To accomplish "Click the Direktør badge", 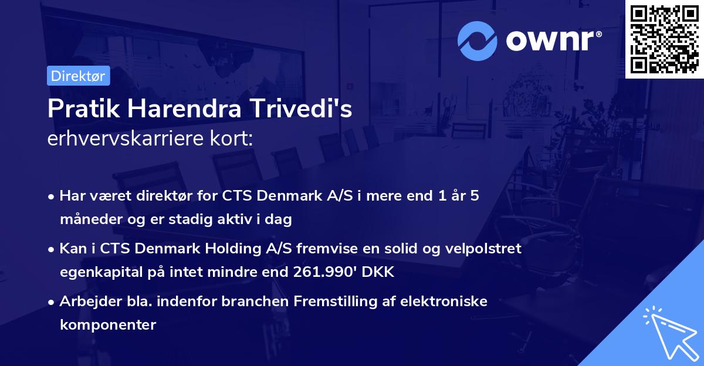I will pyautogui.click(x=78, y=76).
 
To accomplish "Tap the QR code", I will pyautogui.click(x=664, y=39).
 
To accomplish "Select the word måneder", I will pyautogui.click(x=89, y=219).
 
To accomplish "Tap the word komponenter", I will pyautogui.click(x=108, y=324).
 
